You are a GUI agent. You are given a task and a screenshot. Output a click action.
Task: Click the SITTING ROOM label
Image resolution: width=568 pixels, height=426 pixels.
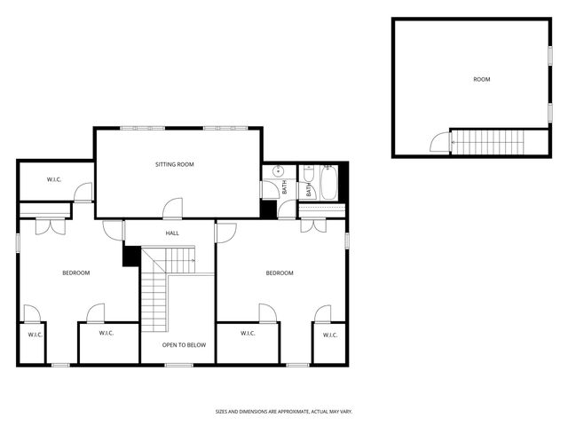click(174, 164)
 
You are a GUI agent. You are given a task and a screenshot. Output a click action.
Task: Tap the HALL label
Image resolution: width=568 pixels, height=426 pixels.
click(172, 233)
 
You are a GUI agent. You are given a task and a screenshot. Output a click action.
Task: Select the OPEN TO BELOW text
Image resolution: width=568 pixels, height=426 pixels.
click(184, 344)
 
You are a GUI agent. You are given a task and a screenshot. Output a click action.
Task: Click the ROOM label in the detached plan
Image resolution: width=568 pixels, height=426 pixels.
click(481, 80)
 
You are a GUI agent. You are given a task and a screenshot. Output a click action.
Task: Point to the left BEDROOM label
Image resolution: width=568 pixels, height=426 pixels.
click(76, 272)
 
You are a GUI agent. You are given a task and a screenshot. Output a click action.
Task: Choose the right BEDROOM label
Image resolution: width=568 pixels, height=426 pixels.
click(280, 272)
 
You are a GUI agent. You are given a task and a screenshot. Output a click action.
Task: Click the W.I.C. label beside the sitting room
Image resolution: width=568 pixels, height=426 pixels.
click(54, 180)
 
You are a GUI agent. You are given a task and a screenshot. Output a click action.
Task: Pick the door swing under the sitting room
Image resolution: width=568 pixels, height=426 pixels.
click(173, 208)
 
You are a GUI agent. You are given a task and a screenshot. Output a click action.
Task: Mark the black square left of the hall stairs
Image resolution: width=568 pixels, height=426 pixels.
click(131, 255)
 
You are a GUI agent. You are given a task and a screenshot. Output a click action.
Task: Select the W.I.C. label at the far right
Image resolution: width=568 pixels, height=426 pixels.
click(330, 335)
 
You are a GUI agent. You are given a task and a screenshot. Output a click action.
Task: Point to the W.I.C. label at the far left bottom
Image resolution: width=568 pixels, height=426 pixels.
click(35, 335)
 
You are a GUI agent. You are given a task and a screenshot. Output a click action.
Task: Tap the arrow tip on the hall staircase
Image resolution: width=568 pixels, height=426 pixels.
click(194, 260)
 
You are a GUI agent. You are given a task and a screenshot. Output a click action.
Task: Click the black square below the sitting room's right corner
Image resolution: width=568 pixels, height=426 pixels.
click(268, 209)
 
